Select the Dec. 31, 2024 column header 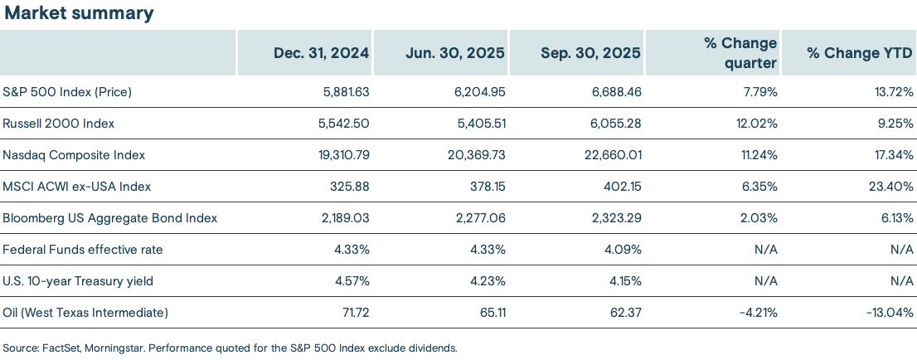coord(321,52)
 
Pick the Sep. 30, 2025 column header coord(590,52)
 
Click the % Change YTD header coord(860,52)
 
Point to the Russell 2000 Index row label coord(58,123)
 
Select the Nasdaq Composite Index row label coord(74,154)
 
